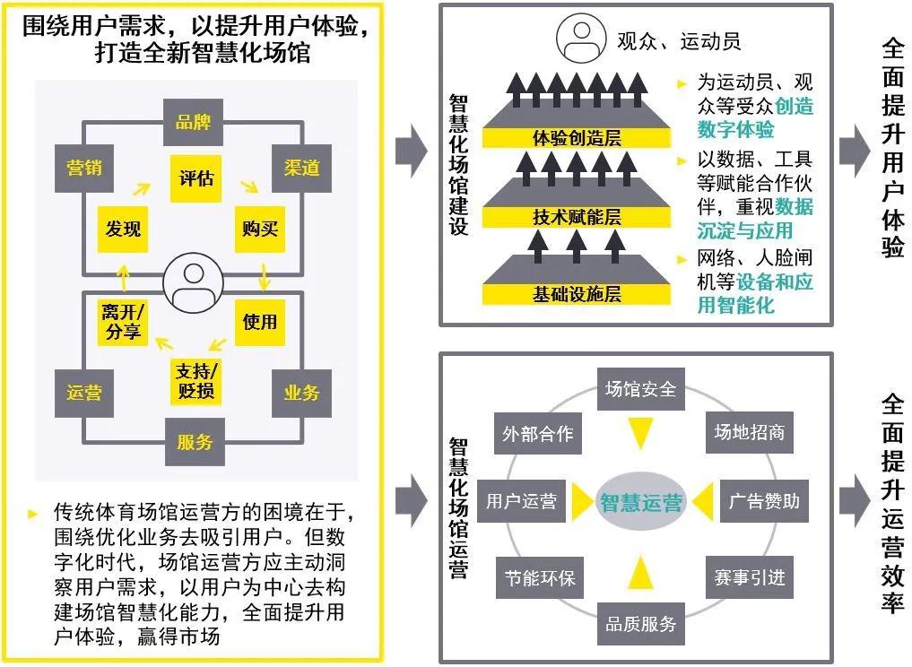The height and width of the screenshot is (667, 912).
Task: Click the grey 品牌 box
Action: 194,123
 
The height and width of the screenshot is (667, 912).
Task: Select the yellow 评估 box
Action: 196,177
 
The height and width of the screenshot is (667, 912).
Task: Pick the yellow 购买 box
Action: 260,229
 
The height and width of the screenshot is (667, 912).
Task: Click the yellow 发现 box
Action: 123,229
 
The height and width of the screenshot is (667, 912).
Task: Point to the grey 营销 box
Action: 84,168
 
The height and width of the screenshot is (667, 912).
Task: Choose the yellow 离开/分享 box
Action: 123,322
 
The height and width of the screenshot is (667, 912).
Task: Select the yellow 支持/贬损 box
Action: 196,381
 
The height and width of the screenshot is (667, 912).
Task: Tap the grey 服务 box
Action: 195,441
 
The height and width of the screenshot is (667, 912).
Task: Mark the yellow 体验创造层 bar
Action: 577,138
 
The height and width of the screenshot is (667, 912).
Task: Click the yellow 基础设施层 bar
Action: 577,294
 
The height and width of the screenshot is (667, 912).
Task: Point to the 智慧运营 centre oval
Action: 640,502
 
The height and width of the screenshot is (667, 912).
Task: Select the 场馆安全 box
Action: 640,389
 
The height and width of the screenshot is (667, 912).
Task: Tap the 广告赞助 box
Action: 764,500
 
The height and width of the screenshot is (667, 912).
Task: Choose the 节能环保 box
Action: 539,577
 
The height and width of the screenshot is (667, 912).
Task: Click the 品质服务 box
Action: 640,623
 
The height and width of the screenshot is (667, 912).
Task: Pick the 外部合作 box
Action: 538,434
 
